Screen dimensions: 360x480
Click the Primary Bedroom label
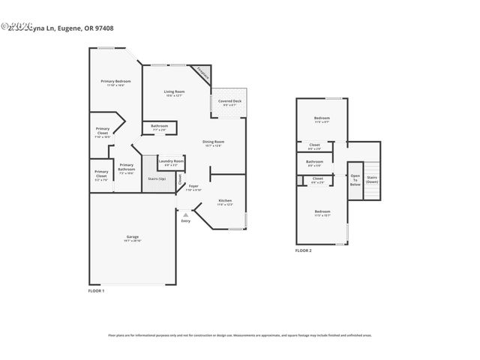(115, 82)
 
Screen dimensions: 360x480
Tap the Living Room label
(175, 92)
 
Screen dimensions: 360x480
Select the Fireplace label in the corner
(203, 73)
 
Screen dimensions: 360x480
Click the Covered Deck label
(229, 101)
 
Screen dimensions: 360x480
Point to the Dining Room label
(214, 142)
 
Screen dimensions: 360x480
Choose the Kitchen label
(226, 201)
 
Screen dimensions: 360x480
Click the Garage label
(132, 237)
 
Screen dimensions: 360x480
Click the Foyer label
(193, 186)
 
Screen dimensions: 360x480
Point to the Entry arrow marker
(185, 215)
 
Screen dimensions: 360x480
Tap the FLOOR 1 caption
(97, 290)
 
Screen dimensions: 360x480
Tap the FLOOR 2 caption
(303, 250)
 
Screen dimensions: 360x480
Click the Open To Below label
(355, 179)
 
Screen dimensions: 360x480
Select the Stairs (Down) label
(372, 179)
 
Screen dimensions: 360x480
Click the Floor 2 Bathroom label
(315, 161)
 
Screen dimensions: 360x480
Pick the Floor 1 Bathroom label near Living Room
(160, 126)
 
